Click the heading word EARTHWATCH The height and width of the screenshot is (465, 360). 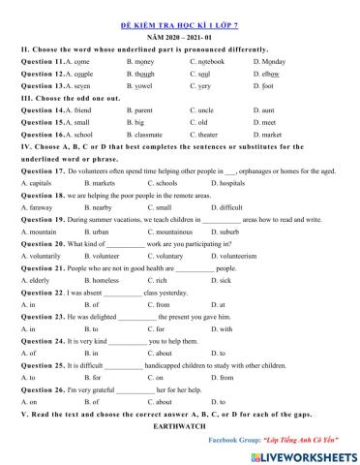tap(180, 423)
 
